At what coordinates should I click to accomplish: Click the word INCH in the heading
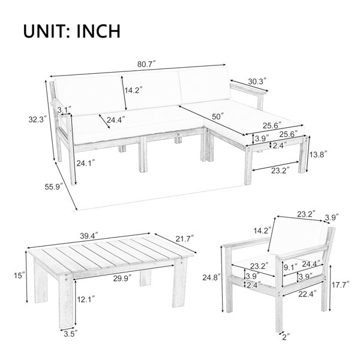(x=98, y=31)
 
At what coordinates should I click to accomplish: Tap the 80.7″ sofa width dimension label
(x=146, y=64)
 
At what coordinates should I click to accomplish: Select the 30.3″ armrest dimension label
(x=257, y=82)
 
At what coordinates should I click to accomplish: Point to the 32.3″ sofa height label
(x=38, y=119)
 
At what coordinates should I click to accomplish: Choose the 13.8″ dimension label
(x=318, y=155)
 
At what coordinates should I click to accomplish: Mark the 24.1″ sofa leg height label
(x=86, y=163)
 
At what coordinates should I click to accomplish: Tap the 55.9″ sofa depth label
(x=54, y=187)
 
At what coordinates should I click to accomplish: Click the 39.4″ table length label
(x=89, y=236)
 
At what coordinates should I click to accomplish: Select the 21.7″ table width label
(x=185, y=239)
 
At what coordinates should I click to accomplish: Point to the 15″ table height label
(x=19, y=275)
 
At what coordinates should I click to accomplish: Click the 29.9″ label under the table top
(x=122, y=278)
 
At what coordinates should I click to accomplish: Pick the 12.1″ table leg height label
(x=86, y=299)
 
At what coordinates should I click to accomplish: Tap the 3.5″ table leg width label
(x=71, y=334)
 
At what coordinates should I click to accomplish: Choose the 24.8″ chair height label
(x=212, y=278)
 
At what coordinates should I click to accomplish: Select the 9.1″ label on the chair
(x=290, y=268)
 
